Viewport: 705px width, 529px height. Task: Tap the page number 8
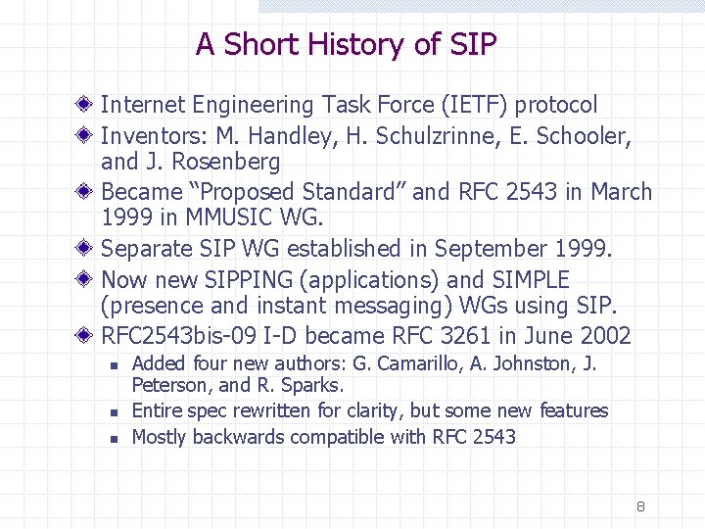click(x=640, y=506)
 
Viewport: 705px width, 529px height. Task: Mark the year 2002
click(x=605, y=337)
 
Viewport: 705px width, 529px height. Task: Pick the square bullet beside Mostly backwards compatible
click(x=114, y=439)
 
